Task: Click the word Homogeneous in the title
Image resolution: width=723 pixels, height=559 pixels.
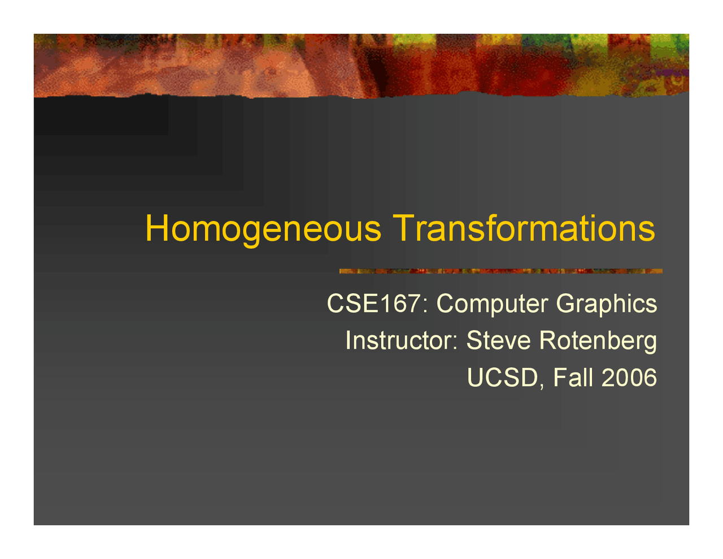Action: coord(263,229)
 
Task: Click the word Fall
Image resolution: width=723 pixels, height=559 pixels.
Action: coord(573,378)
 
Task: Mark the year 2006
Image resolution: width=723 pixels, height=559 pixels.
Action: coord(629,378)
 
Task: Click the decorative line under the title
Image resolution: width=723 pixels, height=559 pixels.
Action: coord(500,271)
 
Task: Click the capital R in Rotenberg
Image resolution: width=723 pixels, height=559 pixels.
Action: coord(548,340)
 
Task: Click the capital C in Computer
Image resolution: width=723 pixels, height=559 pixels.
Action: coord(446,304)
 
